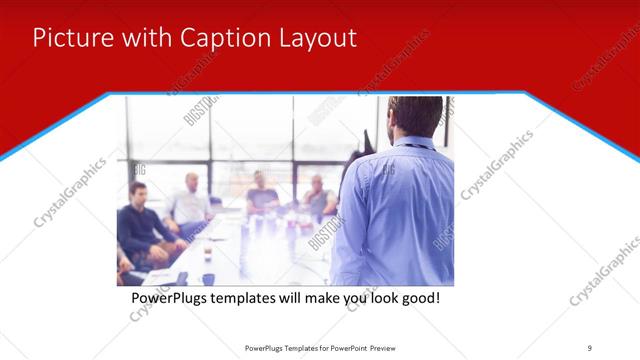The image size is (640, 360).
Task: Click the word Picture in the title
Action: [68, 38]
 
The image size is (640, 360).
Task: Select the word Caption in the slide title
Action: [218, 38]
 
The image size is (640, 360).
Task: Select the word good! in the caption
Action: [418, 298]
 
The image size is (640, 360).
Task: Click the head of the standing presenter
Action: [414, 115]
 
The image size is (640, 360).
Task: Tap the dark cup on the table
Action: [207, 277]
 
